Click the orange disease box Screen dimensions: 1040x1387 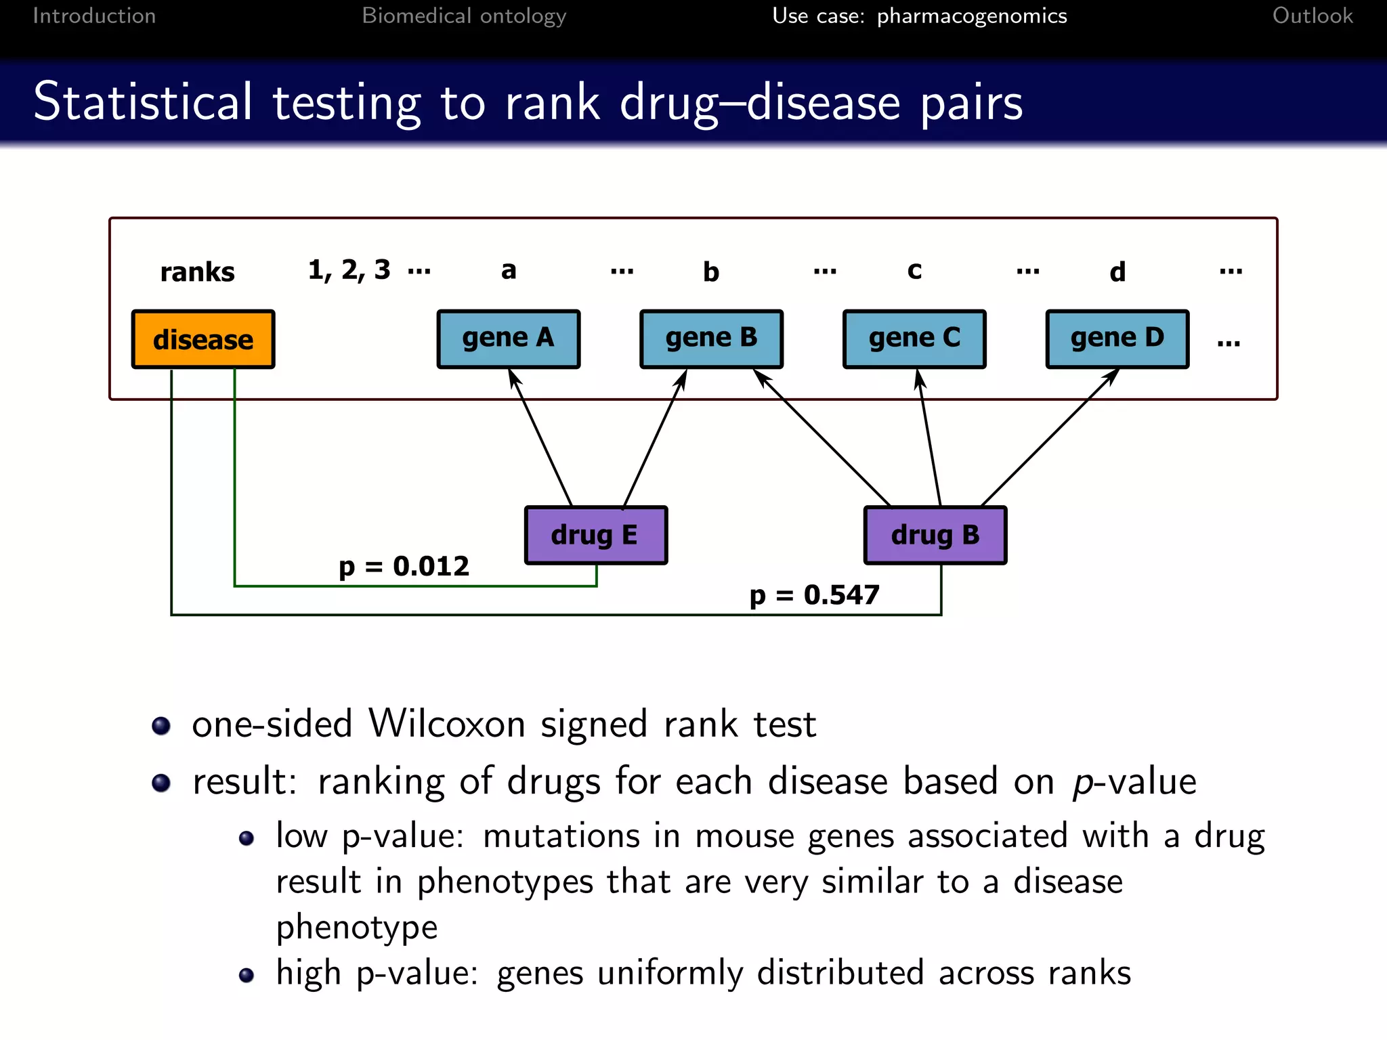tap(203, 339)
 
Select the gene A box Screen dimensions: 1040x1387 tap(508, 339)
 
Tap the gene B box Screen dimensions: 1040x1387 tap(711, 339)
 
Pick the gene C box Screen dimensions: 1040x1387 tap(914, 339)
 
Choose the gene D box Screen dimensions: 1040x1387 tap(1117, 339)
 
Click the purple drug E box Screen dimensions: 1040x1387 tap(595, 535)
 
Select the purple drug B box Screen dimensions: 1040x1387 tap(935, 535)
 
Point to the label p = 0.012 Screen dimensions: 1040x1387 tap(404, 566)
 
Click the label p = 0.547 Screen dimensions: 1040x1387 tap(814, 595)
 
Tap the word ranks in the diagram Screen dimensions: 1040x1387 tap(197, 272)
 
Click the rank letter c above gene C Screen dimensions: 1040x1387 tap(914, 270)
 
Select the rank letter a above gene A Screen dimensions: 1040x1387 tap(509, 270)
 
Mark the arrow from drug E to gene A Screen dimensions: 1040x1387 tap(542, 440)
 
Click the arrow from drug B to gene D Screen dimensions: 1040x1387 tap(1050, 437)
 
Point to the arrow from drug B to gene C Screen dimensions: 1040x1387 tap(929, 440)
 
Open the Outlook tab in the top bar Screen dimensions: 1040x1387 tap(1312, 16)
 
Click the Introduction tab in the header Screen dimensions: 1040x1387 tap(94, 16)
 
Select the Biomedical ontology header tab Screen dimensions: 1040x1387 tap(464, 16)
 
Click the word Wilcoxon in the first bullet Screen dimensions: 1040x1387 tap(446, 724)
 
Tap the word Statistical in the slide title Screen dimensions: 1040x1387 tap(143, 102)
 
